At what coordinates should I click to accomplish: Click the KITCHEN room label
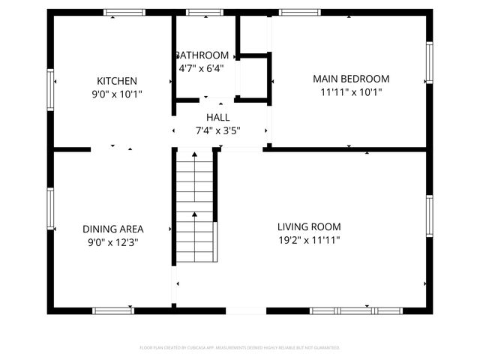pos(116,81)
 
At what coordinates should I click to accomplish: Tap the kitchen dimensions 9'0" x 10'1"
pos(116,94)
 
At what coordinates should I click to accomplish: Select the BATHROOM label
pos(202,55)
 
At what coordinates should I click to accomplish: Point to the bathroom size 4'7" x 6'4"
pos(201,67)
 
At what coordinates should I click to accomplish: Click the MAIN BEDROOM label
pos(351,79)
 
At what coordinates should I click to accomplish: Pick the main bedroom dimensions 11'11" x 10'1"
pos(351,93)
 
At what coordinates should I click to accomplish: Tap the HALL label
pos(217,118)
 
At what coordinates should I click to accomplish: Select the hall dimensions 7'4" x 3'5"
pos(217,130)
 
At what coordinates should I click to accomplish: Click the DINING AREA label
pos(112,229)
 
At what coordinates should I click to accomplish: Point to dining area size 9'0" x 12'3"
pos(112,242)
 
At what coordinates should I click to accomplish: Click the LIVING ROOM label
pos(309,226)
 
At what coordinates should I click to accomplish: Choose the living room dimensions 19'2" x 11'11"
pos(309,240)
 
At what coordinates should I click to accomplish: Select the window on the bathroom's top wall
pos(199,12)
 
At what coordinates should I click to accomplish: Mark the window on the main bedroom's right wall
pos(429,61)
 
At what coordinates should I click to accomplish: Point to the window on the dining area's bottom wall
pos(113,309)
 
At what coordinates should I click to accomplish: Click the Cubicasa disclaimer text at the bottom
pos(240,348)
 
